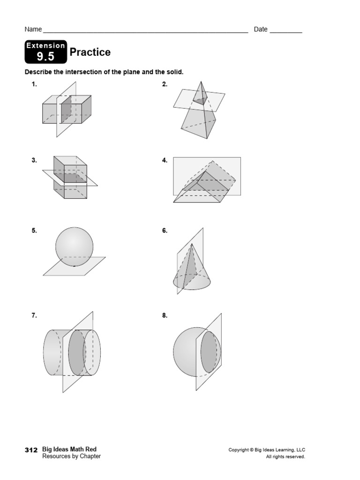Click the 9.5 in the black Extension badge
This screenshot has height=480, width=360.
[x=46, y=57]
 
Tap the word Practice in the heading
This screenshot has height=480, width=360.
[x=90, y=52]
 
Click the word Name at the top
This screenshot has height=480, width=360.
[x=33, y=30]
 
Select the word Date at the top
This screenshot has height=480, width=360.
[x=261, y=30]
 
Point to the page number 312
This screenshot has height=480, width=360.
[x=31, y=450]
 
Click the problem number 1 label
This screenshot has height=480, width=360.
[x=34, y=84]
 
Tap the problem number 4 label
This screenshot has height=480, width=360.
[x=165, y=160]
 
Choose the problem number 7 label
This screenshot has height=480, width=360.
[x=34, y=315]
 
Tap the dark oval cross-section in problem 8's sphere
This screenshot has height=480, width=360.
[x=210, y=353]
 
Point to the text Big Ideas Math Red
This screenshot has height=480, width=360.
[x=69, y=450]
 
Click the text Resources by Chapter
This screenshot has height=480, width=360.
[x=71, y=456]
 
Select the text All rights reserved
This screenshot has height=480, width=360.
[x=285, y=457]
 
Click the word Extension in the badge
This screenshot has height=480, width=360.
[x=45, y=45]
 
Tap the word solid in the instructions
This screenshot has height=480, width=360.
[x=173, y=72]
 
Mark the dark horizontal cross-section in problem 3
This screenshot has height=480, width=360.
[x=70, y=178]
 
